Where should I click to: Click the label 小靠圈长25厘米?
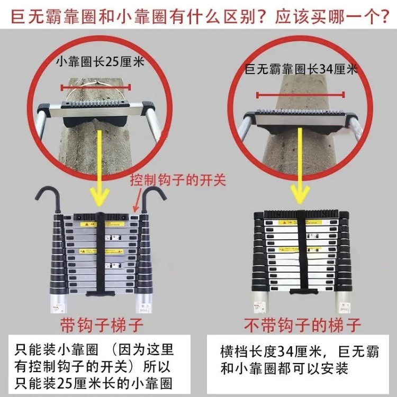(x=100, y=61)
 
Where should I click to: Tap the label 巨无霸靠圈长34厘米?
(x=301, y=69)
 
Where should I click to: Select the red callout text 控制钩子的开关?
(x=178, y=181)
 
